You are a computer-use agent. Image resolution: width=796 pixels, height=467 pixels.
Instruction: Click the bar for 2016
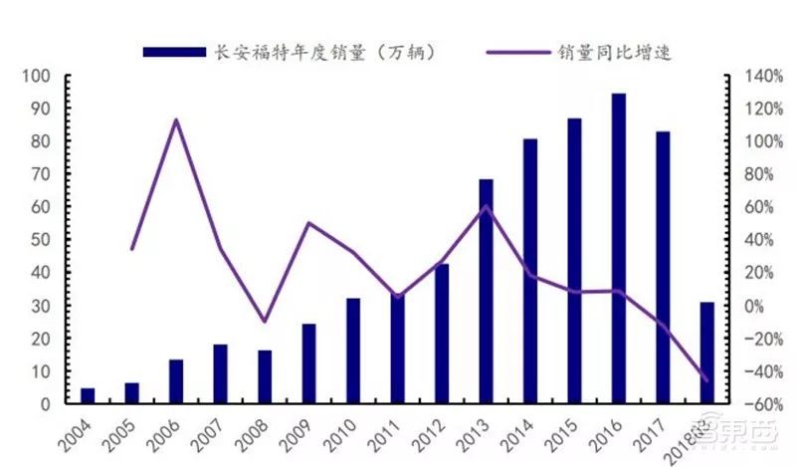[618, 249]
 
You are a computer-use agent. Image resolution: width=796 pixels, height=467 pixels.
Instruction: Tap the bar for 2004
[88, 396]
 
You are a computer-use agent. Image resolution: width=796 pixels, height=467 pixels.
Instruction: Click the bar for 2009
[308, 364]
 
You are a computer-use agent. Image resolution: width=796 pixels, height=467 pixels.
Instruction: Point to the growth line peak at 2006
[176, 120]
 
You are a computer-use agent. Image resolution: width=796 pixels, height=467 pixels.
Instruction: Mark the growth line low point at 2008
[265, 322]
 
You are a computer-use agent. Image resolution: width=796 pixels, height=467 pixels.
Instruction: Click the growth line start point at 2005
[132, 248]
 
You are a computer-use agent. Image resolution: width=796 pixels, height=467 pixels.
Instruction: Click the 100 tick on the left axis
[37, 76]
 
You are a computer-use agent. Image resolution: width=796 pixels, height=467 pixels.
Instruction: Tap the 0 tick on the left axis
[45, 404]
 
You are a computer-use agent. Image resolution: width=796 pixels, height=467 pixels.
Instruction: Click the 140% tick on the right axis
[754, 76]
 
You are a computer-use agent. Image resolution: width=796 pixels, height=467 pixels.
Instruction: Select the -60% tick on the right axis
[754, 404]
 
